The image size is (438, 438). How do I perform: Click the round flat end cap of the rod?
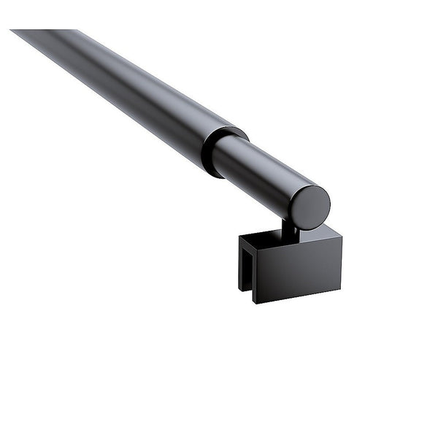point(310,207)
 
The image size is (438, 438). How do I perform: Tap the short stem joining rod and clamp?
point(290,231)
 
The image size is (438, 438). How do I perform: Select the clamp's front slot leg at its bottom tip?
point(255,300)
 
